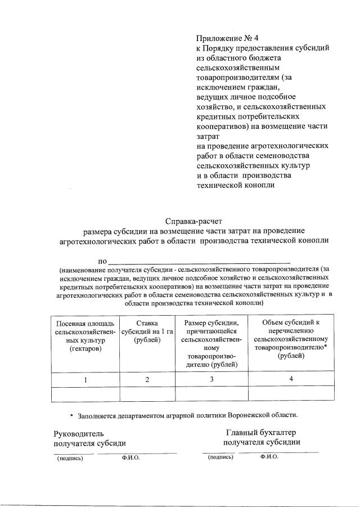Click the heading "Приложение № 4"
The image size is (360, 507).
point(227,39)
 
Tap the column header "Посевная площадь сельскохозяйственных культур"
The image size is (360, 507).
point(85,336)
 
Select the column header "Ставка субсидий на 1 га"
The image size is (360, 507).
point(147,331)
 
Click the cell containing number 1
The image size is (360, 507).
point(85,380)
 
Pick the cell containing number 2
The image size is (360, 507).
point(147,380)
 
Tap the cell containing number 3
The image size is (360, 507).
point(211,379)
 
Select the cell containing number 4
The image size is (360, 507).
point(291,379)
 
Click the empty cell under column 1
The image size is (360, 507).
point(85,394)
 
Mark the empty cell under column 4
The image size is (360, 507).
point(291,394)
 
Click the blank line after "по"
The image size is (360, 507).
point(199,261)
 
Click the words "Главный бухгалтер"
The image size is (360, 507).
point(261,432)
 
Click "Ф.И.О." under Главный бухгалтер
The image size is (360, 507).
point(269,457)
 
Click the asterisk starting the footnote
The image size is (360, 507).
point(71,415)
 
